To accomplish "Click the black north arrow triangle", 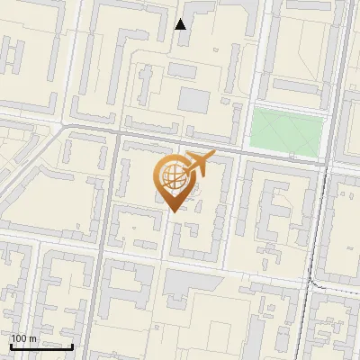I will click(181, 24).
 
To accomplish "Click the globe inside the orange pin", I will click(171, 176).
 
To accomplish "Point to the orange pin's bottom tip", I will click(171, 212).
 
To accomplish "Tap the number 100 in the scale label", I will click(20, 338).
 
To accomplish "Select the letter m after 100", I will click(32, 338).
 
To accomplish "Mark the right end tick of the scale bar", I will click(73, 345).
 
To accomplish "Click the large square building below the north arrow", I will click(193, 100).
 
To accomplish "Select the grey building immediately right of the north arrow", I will click(202, 12).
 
